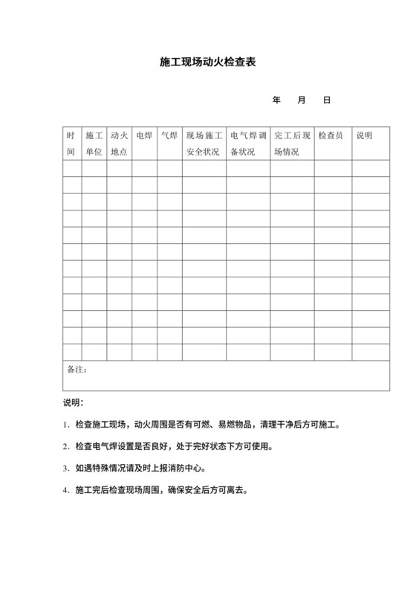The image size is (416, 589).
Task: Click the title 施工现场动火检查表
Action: (207, 63)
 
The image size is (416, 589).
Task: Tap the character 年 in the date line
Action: (277, 100)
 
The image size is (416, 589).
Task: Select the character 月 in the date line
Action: (302, 100)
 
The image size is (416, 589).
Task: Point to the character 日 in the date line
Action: (326, 100)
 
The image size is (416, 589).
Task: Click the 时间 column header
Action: (71, 143)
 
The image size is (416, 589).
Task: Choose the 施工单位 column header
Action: (94, 143)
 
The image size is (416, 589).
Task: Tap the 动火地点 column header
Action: (119, 143)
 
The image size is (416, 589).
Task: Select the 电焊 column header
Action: (144, 136)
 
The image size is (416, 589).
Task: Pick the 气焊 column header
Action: (169, 136)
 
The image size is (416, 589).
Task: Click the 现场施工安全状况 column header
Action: (204, 143)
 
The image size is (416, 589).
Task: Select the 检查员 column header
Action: (331, 136)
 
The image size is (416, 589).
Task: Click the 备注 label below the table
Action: (77, 369)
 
